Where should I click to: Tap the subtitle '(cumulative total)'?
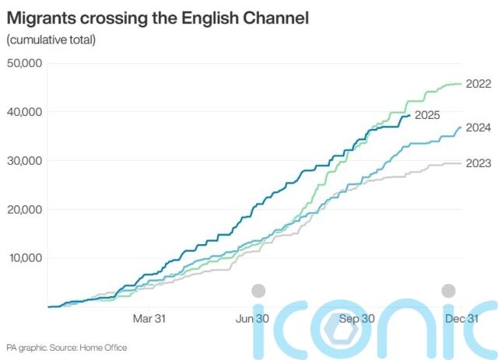51,40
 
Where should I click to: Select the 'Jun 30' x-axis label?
253,318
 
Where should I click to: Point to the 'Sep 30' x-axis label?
358,318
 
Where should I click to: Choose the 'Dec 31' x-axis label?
460,318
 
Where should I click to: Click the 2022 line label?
478,84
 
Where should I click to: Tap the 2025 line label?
427,115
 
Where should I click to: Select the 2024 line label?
478,128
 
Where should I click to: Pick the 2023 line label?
478,163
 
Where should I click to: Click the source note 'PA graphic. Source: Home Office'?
66,348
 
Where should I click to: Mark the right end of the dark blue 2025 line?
410,116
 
